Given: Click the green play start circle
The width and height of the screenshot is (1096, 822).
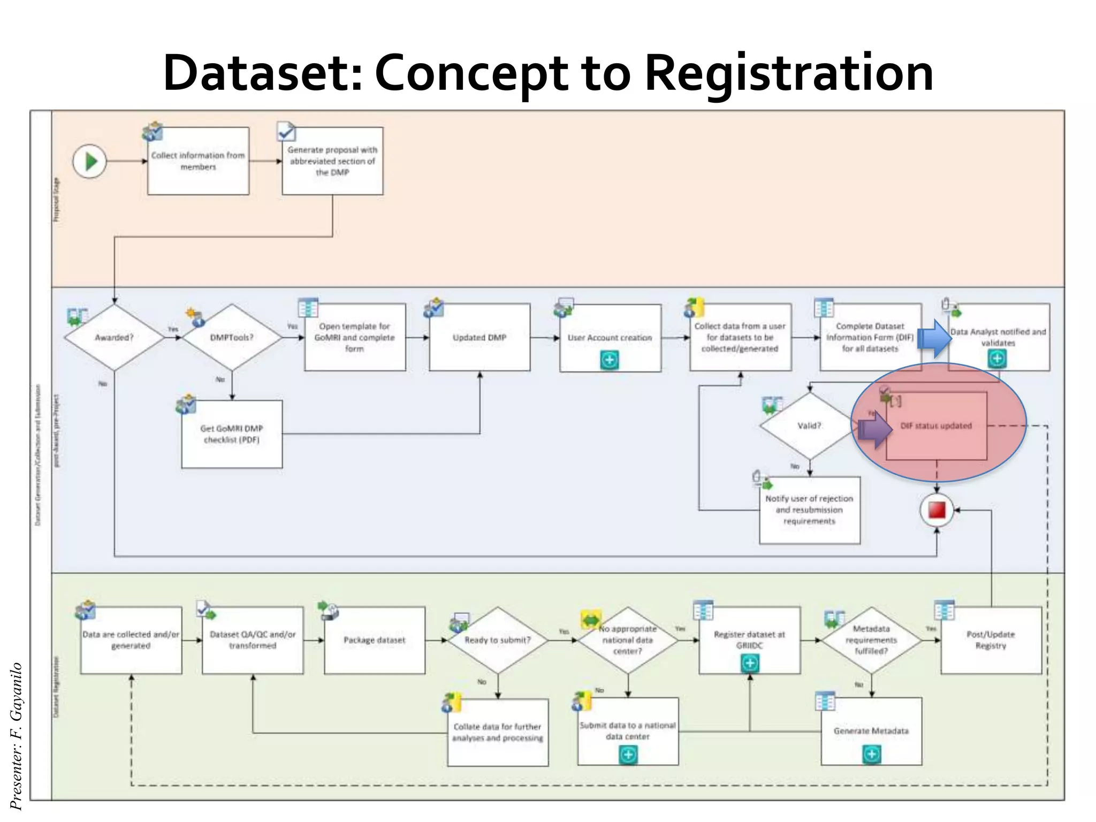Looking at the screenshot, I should (x=90, y=161).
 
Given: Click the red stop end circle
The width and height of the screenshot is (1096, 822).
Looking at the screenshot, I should (x=937, y=510).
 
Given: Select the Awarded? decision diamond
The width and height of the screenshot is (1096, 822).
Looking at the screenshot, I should (x=114, y=337).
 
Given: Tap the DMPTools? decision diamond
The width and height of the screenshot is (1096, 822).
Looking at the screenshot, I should (x=232, y=337).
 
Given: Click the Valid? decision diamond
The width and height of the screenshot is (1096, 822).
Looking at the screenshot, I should (x=809, y=425).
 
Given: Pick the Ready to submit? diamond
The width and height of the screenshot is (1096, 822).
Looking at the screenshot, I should (x=498, y=640).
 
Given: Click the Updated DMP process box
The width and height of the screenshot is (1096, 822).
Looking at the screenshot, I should (x=479, y=337).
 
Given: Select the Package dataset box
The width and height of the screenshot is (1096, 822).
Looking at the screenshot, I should (x=375, y=640).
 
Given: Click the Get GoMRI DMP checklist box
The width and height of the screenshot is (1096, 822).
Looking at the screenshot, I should (x=232, y=434).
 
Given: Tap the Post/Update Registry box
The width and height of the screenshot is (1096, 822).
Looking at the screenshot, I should (x=991, y=640).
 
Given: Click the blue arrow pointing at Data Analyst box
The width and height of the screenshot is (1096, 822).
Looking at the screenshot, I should (x=934, y=338).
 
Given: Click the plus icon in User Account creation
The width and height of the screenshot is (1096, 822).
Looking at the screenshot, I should (x=610, y=360).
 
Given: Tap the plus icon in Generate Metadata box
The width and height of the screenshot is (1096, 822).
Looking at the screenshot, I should (x=872, y=754).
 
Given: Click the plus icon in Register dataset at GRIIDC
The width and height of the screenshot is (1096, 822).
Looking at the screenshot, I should (x=750, y=663).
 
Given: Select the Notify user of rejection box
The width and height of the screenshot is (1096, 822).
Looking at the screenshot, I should (x=809, y=509).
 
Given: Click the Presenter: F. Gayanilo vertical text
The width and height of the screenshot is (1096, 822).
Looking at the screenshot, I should (x=16, y=736).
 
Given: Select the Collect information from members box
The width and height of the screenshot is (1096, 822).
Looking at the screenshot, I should (x=198, y=161).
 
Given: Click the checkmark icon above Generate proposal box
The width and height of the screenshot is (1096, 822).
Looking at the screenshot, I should (x=286, y=131).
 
